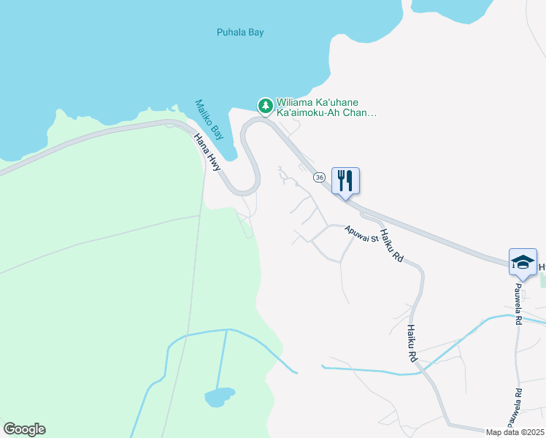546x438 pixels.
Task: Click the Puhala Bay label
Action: click(240, 32)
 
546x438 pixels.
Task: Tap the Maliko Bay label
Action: click(209, 120)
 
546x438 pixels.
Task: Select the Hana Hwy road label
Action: click(207, 153)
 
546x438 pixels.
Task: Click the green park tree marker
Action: click(265, 106)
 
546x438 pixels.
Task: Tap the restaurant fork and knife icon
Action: click(345, 180)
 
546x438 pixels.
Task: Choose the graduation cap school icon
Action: click(523, 261)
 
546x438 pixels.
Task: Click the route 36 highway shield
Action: click(319, 177)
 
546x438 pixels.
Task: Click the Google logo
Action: click(24, 429)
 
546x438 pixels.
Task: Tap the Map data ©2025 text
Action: click(515, 432)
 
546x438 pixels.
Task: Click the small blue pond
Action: click(219, 397)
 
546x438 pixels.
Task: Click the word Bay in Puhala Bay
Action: click(255, 32)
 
